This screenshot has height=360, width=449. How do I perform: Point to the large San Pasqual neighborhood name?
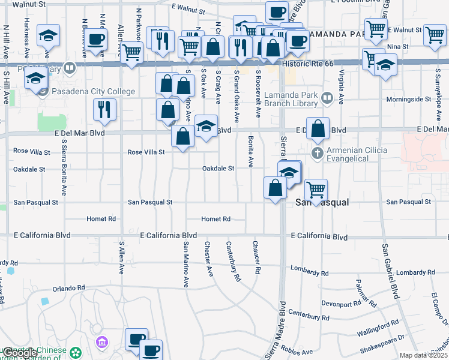click(x=322, y=203)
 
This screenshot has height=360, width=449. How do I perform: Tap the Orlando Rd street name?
click(x=65, y=288)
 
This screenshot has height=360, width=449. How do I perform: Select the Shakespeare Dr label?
click(x=382, y=344)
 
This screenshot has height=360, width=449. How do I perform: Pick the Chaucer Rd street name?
click(x=256, y=257)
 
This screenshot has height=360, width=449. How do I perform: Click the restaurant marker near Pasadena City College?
click(x=104, y=109)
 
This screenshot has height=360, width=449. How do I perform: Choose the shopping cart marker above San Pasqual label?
click(x=315, y=190)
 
